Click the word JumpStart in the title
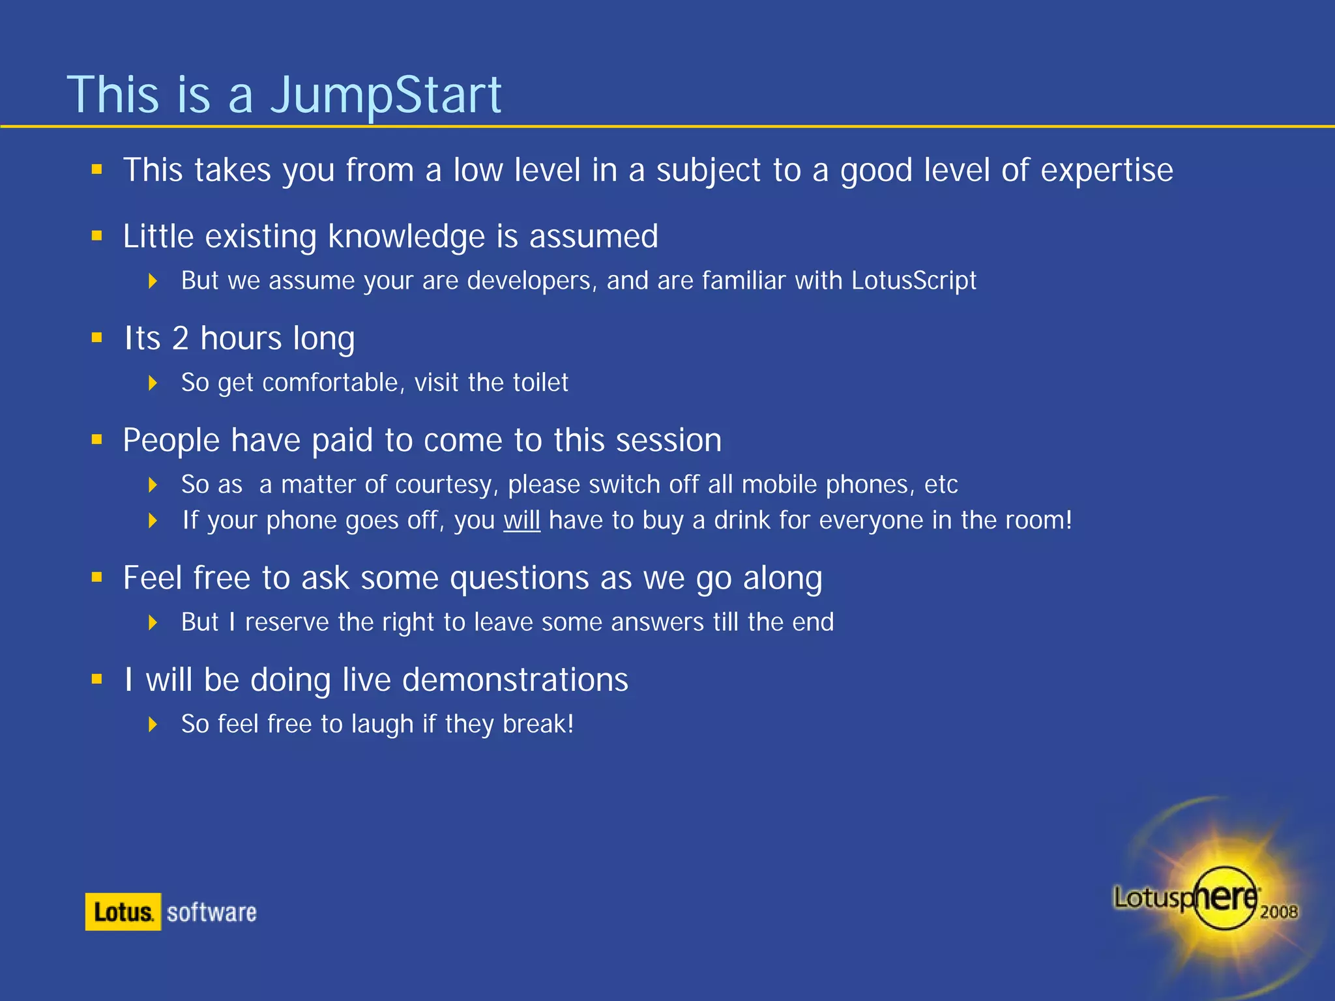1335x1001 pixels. click(386, 95)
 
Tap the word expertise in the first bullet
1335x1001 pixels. click(1106, 171)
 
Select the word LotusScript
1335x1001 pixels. click(913, 281)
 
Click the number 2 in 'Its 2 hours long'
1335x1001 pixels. click(180, 338)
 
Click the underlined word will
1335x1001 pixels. click(521, 521)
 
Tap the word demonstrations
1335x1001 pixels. click(514, 680)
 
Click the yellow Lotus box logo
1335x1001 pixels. click(123, 912)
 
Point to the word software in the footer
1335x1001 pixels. click(212, 912)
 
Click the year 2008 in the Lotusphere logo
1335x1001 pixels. click(1278, 912)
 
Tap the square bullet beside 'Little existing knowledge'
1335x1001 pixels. click(97, 236)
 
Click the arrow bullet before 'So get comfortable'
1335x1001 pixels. click(153, 383)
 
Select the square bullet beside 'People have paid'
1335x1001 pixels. click(97, 440)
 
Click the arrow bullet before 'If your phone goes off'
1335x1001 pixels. click(153, 521)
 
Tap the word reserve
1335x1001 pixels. click(287, 622)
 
